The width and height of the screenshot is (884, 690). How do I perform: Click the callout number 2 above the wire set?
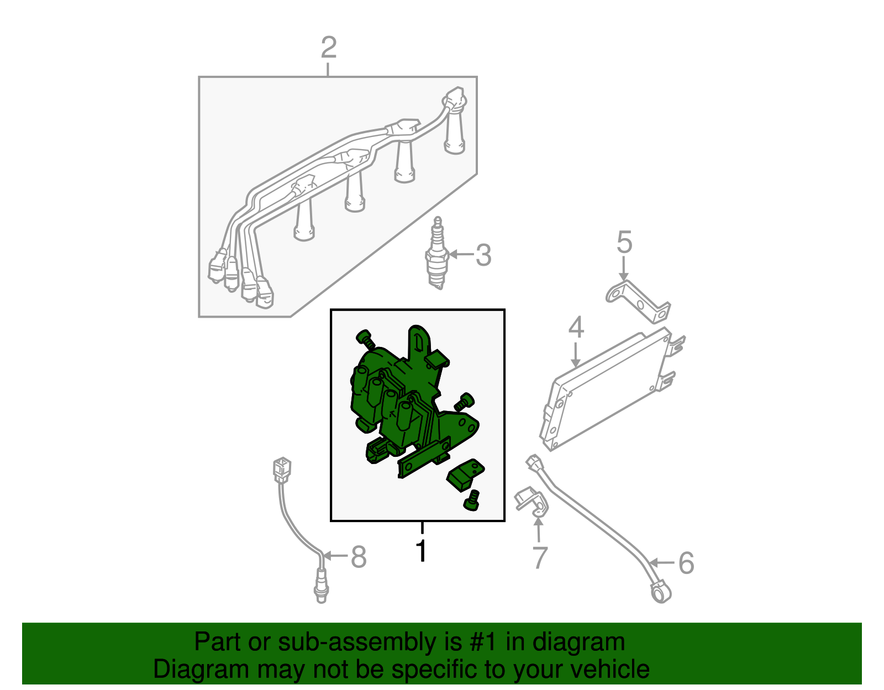329,48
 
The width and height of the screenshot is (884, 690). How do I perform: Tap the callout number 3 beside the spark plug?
483,255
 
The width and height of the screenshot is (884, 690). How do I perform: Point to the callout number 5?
624,243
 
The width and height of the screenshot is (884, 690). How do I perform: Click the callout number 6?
686,563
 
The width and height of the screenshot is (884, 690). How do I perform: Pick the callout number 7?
540,557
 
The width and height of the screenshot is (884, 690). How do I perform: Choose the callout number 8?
359,557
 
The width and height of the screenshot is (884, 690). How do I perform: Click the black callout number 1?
422,551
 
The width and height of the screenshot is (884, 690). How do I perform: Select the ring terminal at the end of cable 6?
661,593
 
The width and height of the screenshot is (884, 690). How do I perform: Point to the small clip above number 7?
532,503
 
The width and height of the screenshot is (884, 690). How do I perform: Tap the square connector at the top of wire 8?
282,470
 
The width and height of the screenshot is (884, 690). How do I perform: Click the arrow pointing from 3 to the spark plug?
461,255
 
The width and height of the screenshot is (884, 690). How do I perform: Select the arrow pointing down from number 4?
576,355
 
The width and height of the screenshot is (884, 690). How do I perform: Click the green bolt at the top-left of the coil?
365,339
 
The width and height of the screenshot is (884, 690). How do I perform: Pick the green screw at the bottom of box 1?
471,501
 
